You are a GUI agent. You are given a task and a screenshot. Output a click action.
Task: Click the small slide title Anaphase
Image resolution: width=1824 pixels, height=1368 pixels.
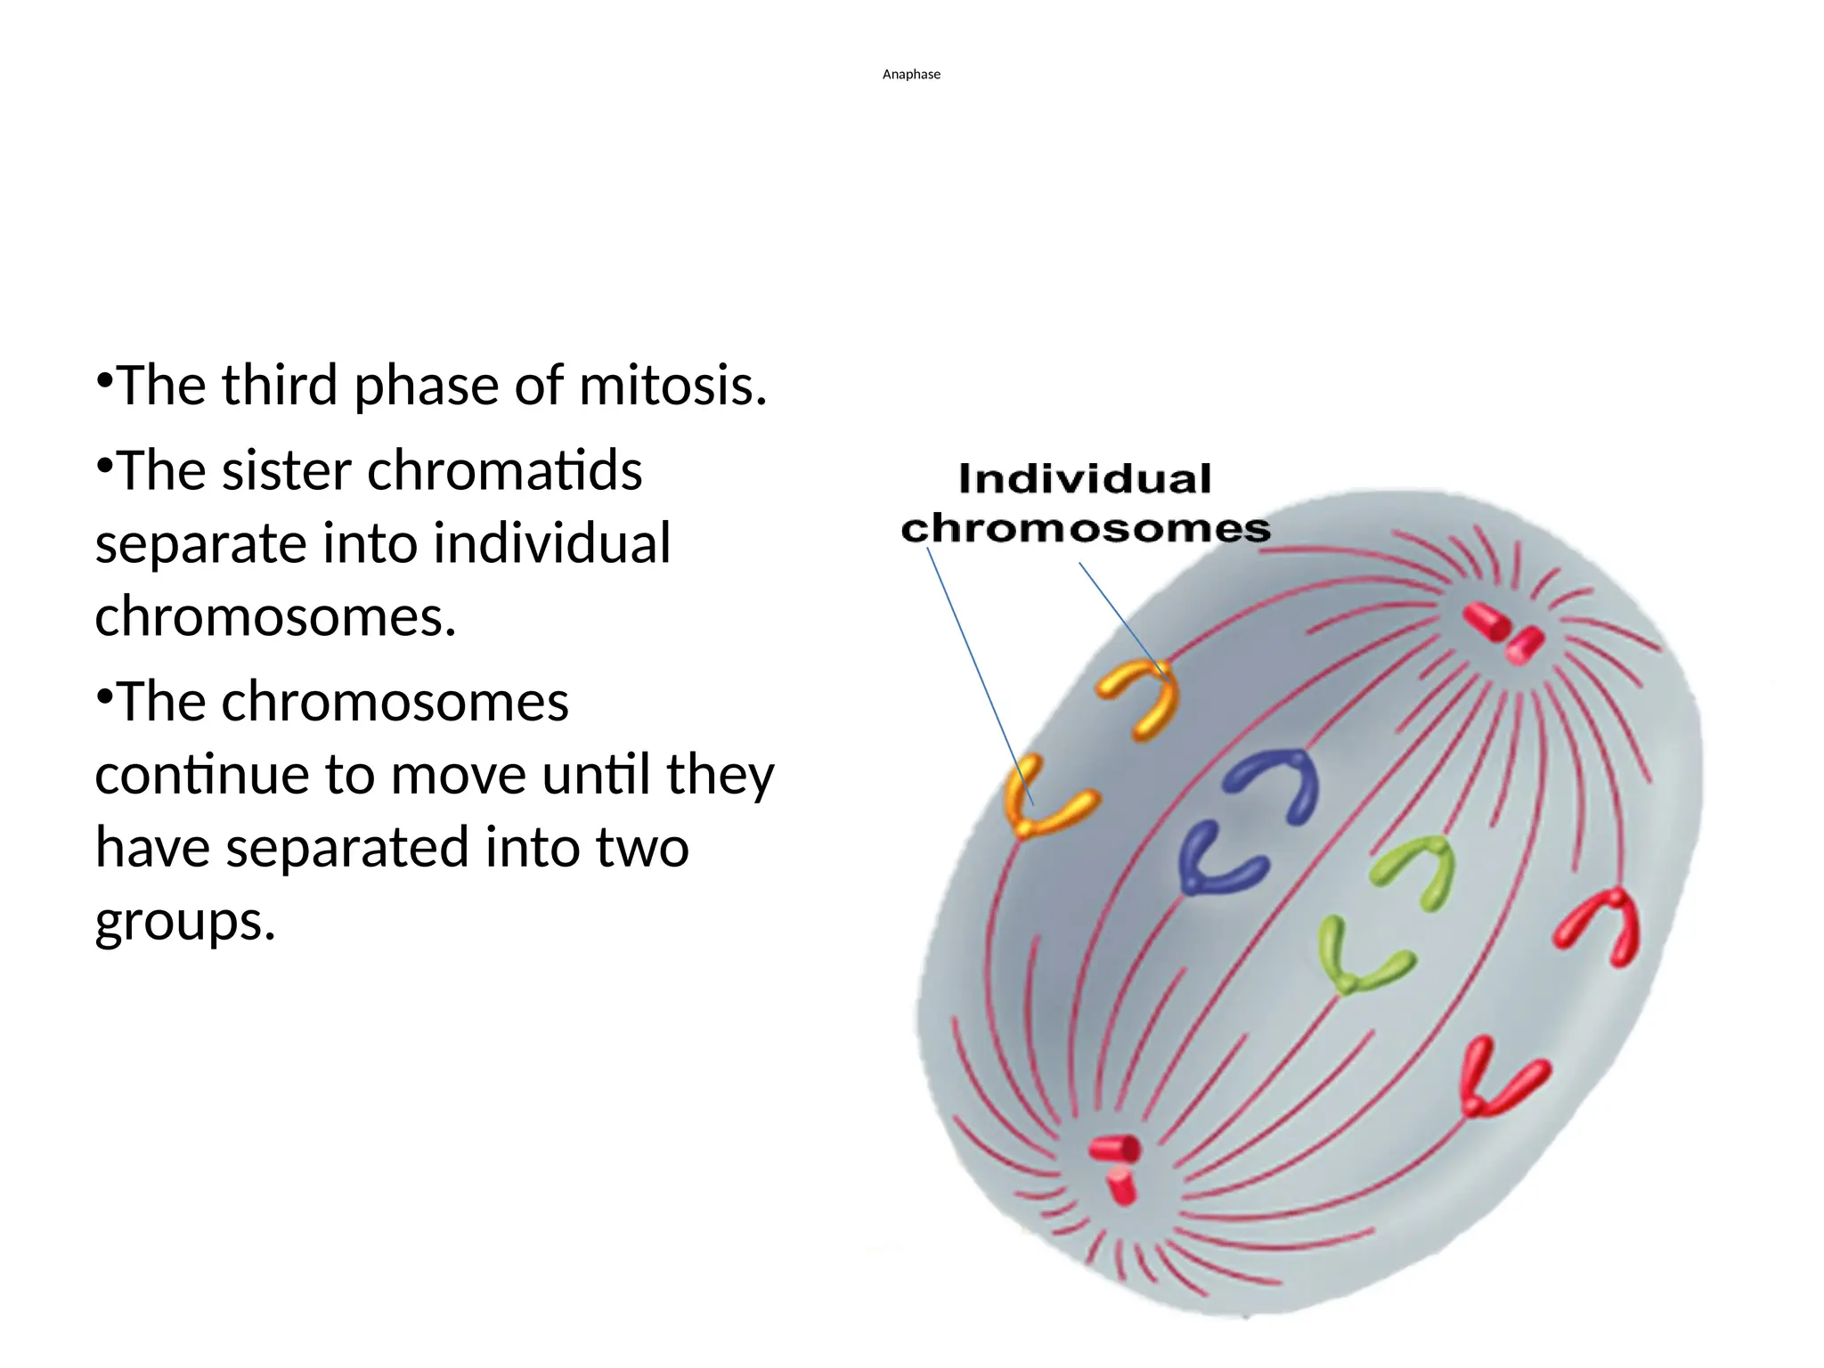pos(911,75)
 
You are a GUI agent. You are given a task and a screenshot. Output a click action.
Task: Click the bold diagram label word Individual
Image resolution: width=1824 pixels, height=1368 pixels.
pos(1085,479)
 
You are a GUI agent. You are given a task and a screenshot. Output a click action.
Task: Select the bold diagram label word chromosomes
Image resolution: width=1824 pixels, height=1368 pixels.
pos(1086,529)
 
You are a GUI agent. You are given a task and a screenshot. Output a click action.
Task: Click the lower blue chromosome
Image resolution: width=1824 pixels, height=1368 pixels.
pos(1216,859)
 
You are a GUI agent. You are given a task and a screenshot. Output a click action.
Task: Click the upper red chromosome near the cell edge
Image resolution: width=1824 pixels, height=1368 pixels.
pos(1603,926)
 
